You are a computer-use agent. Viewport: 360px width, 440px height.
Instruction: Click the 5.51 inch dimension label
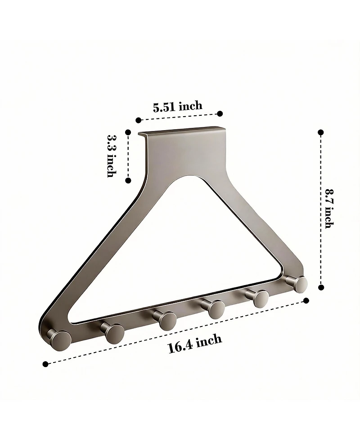point(177,107)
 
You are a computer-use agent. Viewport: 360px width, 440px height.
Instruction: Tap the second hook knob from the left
point(115,332)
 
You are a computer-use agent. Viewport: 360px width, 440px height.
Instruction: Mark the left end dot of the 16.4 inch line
point(45,363)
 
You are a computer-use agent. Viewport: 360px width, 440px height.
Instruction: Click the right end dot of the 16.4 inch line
point(306,300)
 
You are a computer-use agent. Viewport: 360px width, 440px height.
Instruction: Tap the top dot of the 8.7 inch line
point(321,132)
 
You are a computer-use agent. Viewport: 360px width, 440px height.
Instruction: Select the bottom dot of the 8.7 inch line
point(321,287)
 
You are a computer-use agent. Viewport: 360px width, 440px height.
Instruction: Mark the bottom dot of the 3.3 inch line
point(128,180)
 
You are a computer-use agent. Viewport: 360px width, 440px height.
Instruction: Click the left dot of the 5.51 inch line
point(139,120)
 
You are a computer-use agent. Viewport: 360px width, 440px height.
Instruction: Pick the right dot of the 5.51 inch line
point(220,113)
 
